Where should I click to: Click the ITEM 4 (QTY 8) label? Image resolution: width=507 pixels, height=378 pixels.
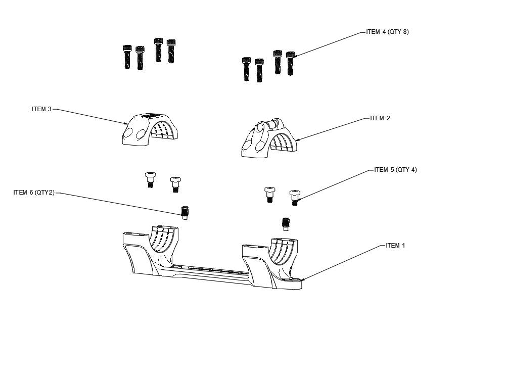click(x=387, y=32)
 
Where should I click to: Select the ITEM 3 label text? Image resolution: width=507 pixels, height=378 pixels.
click(x=41, y=109)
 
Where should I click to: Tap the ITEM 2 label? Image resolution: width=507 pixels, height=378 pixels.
click(x=380, y=118)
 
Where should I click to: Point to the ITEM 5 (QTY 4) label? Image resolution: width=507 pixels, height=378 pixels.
click(x=395, y=169)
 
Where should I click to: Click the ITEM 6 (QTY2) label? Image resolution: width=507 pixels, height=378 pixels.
click(x=34, y=193)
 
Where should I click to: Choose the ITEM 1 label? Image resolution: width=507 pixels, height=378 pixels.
click(x=395, y=246)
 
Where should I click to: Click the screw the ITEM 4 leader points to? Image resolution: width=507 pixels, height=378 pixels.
click(x=290, y=63)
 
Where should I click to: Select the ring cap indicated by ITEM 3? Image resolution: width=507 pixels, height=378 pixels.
click(x=150, y=129)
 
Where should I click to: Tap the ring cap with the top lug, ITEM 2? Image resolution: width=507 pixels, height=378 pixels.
click(x=269, y=138)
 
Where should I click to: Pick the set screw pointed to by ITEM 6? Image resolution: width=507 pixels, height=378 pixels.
click(x=185, y=213)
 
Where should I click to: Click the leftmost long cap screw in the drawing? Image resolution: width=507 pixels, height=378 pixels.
click(x=127, y=57)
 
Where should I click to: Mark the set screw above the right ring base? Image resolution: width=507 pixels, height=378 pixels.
click(x=286, y=224)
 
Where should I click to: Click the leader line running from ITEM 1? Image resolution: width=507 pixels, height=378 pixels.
click(x=342, y=262)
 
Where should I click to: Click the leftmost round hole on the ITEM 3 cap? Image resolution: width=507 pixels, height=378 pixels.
click(x=128, y=132)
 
